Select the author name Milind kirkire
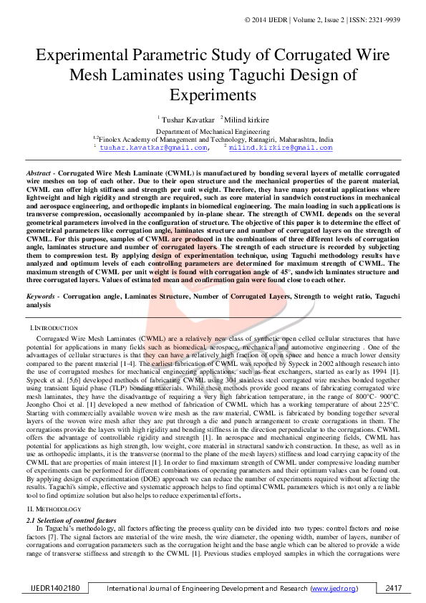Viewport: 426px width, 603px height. [247, 119]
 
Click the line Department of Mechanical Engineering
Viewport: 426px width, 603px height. [213, 132]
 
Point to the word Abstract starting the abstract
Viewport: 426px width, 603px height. [39, 174]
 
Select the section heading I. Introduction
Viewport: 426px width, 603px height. [50, 327]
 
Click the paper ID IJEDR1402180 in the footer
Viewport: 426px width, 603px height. [60, 588]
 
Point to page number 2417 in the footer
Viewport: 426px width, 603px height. [393, 588]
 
